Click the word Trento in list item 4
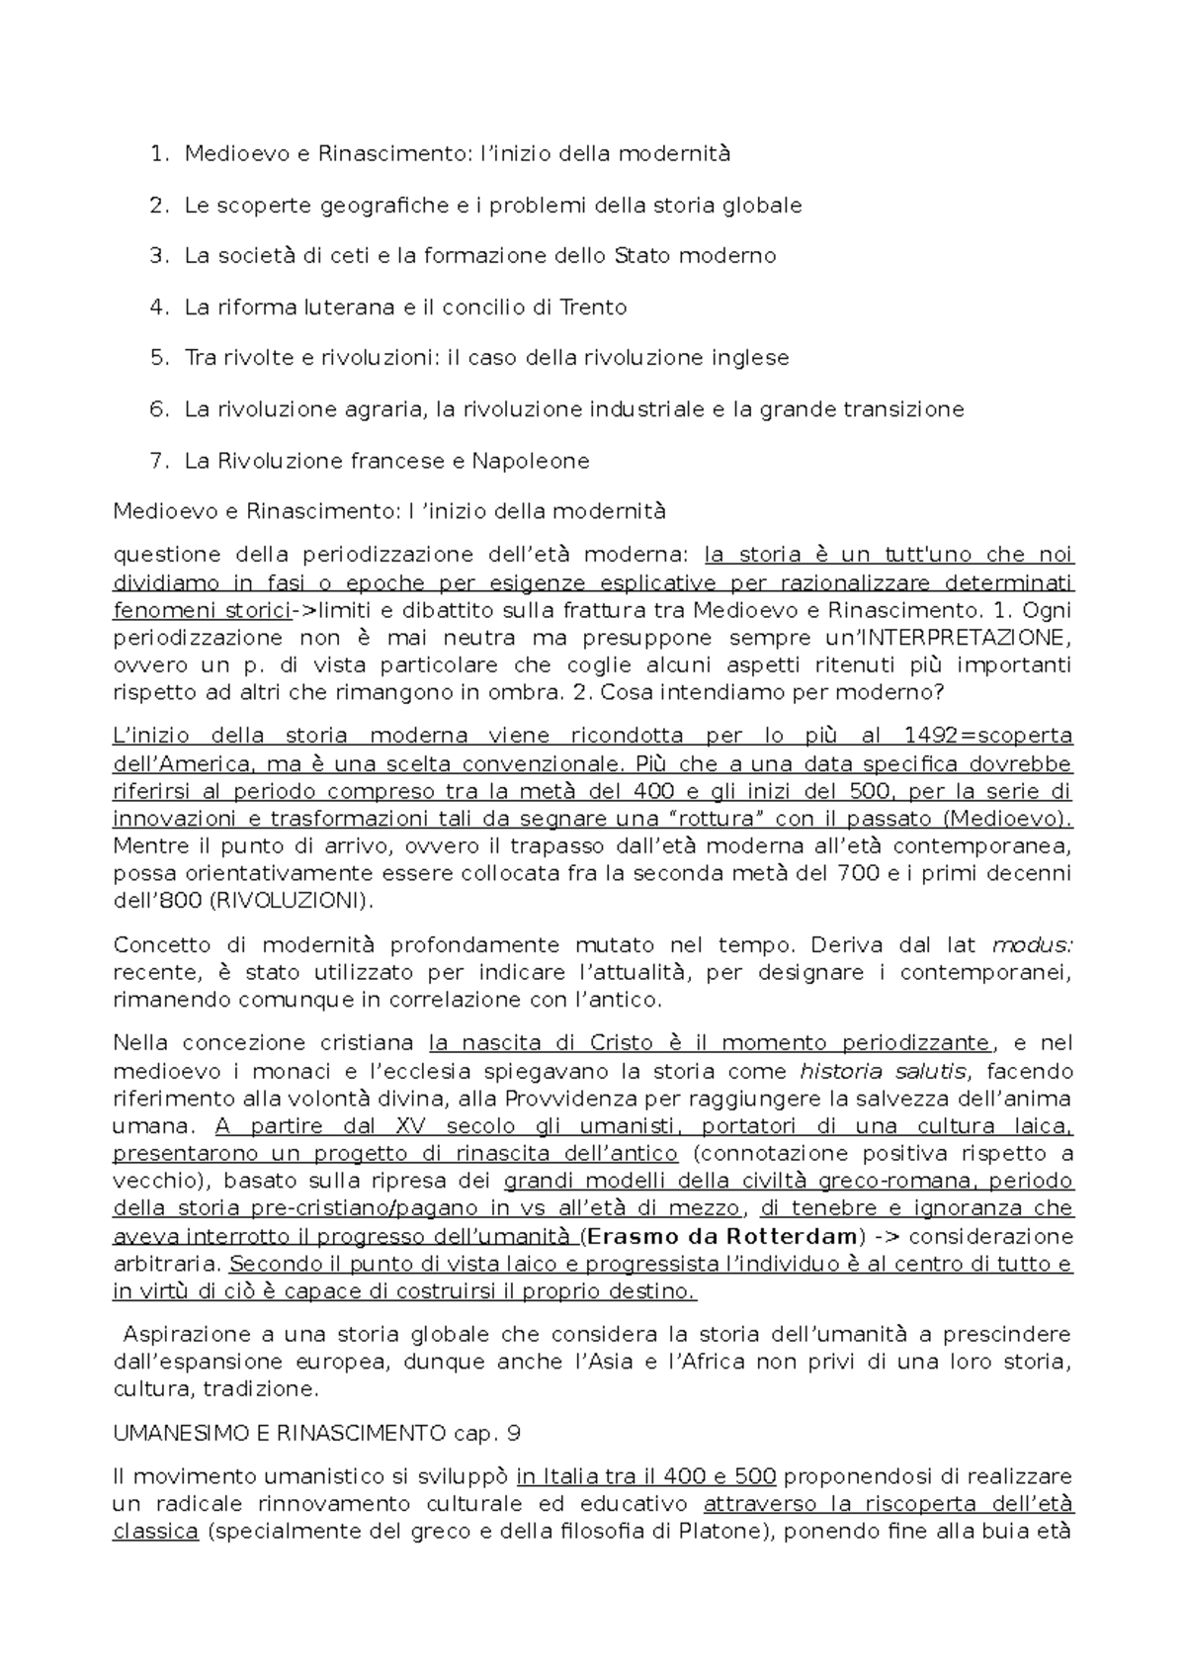point(593,308)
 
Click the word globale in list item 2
point(761,206)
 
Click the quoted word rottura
point(717,819)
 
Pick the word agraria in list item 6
point(385,409)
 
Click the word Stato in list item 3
point(640,256)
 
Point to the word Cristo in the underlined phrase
point(621,1043)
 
